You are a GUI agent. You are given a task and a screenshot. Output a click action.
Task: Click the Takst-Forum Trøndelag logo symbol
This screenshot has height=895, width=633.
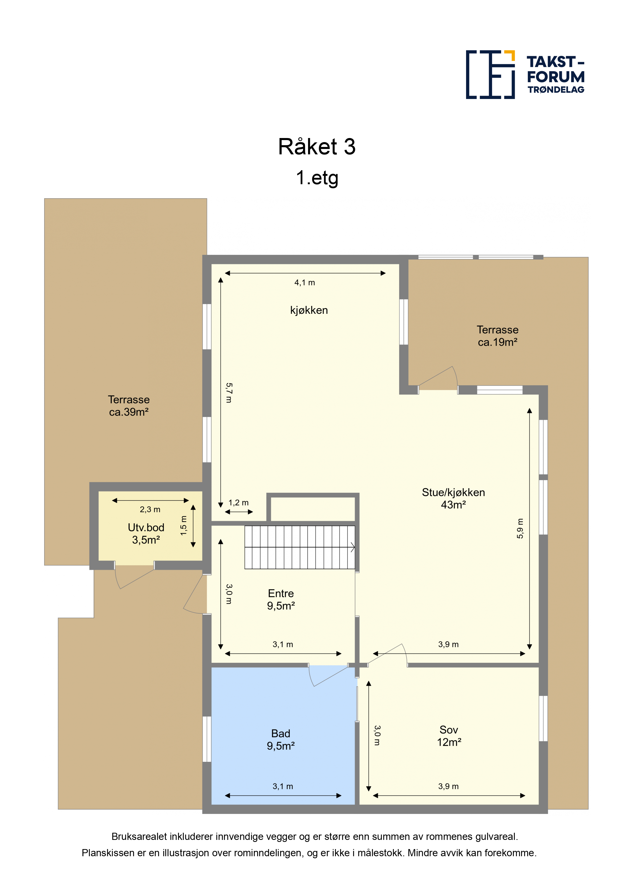coord(490,74)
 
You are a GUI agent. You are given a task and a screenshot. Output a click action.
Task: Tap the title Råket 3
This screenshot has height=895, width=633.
coord(317,147)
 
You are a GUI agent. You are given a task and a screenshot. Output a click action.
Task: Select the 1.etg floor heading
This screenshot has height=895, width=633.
coord(317,178)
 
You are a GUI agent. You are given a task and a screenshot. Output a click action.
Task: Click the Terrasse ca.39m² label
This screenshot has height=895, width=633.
coord(129,406)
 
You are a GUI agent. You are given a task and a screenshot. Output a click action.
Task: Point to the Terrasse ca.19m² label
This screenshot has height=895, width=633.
coord(498,336)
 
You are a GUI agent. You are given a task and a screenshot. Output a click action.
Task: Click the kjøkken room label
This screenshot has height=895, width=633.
coord(309,310)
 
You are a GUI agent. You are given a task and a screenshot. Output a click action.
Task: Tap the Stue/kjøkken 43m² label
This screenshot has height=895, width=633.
coord(453,499)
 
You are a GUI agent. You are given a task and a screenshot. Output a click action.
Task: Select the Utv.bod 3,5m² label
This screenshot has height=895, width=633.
coord(146,534)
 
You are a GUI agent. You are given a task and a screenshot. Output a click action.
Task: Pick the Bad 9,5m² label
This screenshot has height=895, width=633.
coord(281,739)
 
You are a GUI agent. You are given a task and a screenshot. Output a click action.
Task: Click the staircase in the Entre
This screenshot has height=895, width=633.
coord(300,547)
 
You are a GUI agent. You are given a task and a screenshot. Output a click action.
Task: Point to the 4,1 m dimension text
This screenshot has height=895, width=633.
coord(305,283)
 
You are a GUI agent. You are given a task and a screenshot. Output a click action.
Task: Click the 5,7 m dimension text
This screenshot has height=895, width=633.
coord(229,393)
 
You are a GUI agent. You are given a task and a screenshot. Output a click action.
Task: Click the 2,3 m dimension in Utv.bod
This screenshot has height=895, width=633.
coord(150,509)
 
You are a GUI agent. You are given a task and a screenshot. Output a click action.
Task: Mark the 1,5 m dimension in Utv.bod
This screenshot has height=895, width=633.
coord(183,526)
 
